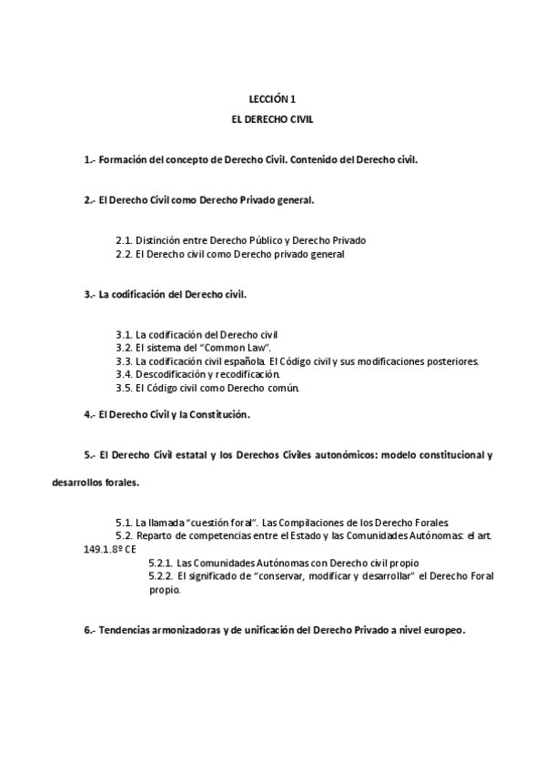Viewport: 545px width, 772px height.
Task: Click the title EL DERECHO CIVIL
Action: point(272,119)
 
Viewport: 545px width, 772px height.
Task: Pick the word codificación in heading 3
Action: point(142,295)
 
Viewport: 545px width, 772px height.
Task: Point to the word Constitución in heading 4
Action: point(217,415)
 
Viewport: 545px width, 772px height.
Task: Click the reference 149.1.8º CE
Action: point(106,550)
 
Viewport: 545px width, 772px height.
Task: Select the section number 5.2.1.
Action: point(160,564)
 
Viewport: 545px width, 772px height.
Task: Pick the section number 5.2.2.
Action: point(160,577)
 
